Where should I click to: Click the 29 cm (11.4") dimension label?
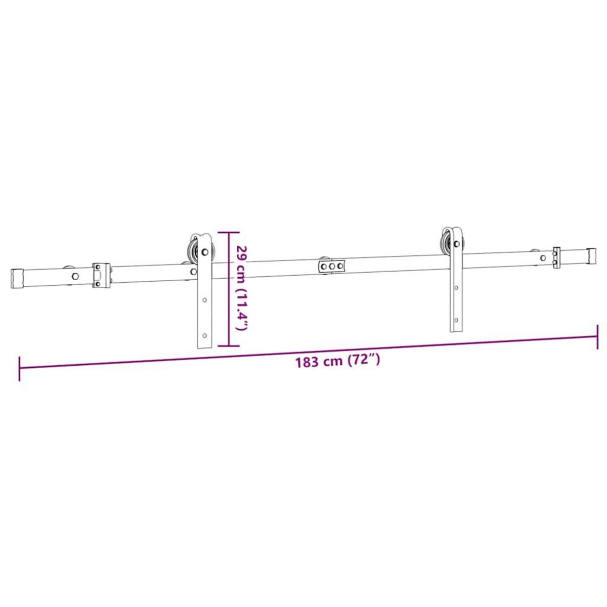(x=242, y=288)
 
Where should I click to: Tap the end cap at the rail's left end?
(x=18, y=279)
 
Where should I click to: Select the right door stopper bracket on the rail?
(x=556, y=257)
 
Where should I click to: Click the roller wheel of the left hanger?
(x=192, y=250)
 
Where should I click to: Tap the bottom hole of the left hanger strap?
(x=205, y=335)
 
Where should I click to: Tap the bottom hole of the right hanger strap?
(x=456, y=320)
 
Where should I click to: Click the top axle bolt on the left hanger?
(x=205, y=251)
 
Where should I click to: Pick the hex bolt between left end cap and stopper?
(x=75, y=276)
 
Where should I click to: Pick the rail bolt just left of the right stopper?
(x=543, y=257)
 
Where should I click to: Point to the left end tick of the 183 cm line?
(x=19, y=369)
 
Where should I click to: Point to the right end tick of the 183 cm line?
(x=598, y=336)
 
